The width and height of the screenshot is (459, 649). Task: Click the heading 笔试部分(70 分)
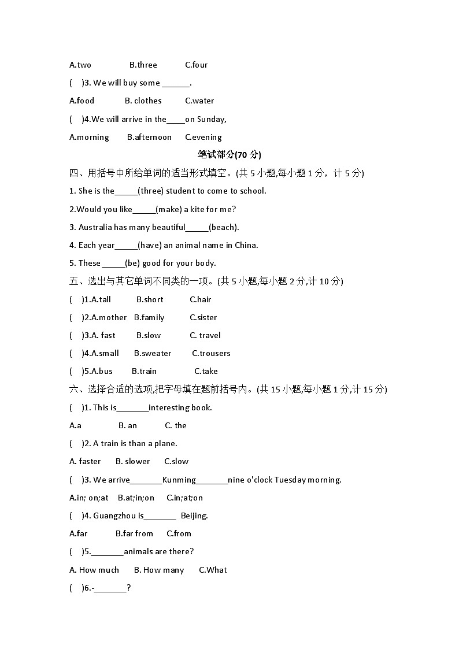(x=229, y=154)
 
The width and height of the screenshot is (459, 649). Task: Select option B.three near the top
(x=143, y=65)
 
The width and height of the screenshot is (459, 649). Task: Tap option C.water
(x=199, y=101)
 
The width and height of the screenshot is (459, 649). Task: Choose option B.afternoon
(x=149, y=137)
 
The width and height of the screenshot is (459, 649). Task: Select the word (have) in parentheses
(x=150, y=245)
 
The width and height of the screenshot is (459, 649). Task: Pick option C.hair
(x=200, y=299)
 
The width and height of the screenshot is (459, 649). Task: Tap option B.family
(x=149, y=317)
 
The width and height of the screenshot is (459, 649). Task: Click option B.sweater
(x=153, y=353)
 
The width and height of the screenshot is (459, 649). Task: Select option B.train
(x=144, y=371)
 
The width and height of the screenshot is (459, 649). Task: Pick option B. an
(x=128, y=425)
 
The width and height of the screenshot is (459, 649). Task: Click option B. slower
(x=132, y=461)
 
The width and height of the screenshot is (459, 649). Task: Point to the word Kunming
(x=179, y=480)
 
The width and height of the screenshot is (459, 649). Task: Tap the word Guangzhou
(x=114, y=516)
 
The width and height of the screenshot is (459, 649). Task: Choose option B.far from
(x=134, y=533)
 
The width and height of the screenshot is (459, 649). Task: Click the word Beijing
(x=194, y=516)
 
